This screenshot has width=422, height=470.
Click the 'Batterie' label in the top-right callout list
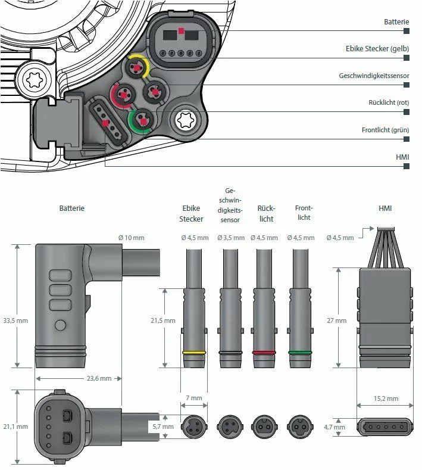(396, 21)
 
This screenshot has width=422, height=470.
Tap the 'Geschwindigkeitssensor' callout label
(374, 76)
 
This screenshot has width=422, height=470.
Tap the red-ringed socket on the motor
(124, 94)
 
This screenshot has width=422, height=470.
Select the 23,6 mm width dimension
(79, 378)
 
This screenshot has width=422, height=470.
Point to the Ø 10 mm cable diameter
(131, 238)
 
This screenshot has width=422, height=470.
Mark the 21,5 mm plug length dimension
(162, 320)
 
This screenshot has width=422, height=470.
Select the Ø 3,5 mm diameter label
(230, 238)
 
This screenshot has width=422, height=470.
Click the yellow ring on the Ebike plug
(194, 353)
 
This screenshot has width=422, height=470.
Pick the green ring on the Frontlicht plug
(301, 353)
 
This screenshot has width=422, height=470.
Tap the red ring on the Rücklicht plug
(265, 353)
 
